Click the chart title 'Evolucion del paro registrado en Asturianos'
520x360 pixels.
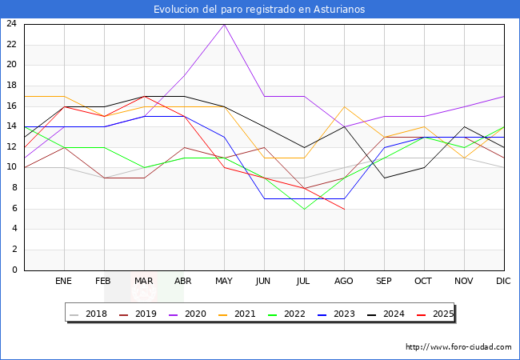point(260,10)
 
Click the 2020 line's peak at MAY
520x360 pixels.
point(224,24)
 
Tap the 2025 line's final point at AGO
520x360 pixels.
point(344,209)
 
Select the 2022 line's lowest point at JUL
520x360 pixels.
point(304,209)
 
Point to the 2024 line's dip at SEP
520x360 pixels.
point(384,178)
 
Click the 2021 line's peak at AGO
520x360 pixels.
point(344,106)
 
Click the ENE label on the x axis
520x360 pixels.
point(64,282)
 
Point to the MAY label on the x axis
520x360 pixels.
point(224,282)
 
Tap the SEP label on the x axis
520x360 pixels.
point(384,282)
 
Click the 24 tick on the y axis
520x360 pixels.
point(11,24)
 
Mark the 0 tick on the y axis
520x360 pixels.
point(14,270)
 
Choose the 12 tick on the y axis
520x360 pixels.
point(11,147)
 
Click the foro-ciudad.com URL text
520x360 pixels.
point(458,347)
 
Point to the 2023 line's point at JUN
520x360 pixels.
point(264,198)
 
